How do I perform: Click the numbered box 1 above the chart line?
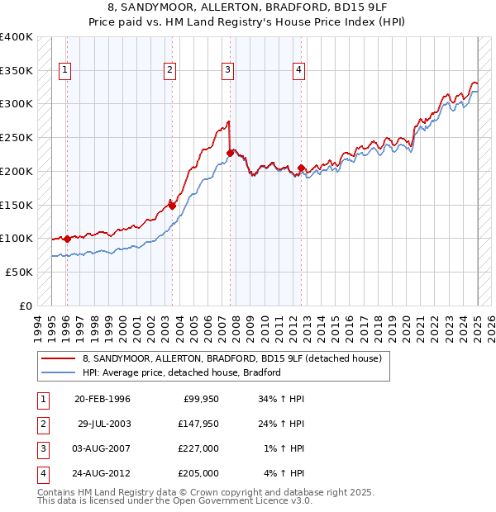point(64,71)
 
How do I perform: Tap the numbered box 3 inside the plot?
point(227,71)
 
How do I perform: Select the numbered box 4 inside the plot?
point(298,71)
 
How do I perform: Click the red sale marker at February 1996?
point(67,239)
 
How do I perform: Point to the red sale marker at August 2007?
point(229,152)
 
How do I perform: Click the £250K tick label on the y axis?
point(17,137)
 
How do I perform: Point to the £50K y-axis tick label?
point(20,272)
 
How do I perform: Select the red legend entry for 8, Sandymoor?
point(231,358)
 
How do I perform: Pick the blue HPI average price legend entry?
point(182,372)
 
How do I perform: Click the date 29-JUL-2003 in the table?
point(104,424)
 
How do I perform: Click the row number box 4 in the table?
point(41,473)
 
